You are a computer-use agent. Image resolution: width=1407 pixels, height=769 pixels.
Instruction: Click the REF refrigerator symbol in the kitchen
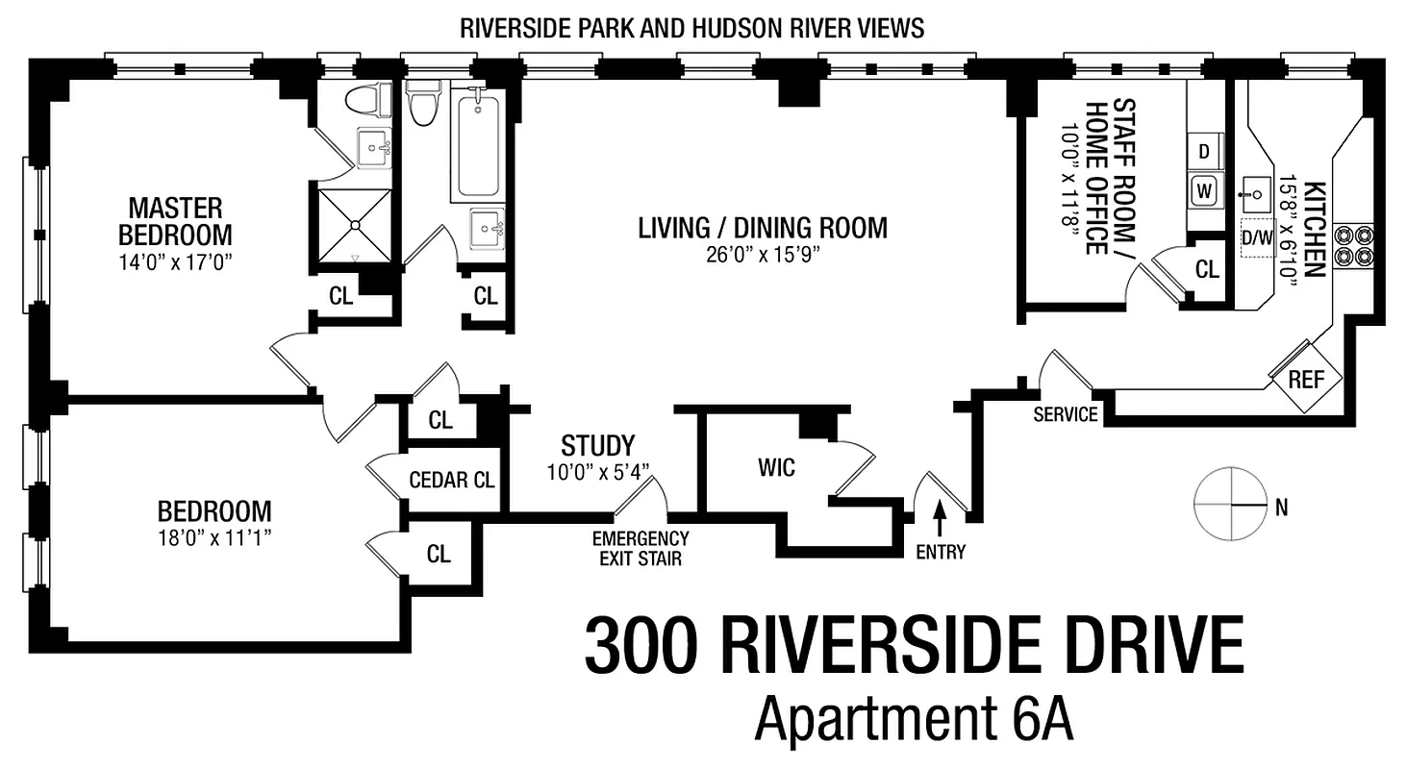pos(1305,378)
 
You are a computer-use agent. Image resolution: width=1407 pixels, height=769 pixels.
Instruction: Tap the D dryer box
pos(1204,151)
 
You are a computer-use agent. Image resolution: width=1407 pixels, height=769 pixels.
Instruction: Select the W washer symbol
pos(1204,190)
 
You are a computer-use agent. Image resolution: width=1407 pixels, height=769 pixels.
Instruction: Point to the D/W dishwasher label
pos(1255,236)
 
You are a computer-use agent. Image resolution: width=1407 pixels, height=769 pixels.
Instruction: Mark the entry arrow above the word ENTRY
pos(940,519)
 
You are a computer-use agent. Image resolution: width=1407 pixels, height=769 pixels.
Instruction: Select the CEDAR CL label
pos(452,480)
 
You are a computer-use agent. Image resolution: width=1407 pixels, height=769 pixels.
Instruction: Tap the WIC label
pos(775,468)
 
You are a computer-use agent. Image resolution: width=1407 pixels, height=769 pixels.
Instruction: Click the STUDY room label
pos(598,446)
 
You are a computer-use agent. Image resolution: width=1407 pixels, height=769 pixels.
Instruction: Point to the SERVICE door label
pos(1065,414)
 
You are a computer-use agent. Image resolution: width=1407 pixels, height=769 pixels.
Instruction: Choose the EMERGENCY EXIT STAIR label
pos(641,548)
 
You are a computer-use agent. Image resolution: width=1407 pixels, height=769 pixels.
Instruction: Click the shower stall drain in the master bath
pos(355,225)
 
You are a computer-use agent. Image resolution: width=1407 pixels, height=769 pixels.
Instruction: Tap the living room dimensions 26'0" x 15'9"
pos(762,255)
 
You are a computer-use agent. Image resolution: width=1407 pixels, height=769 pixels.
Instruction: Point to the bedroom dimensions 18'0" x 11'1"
pos(214,536)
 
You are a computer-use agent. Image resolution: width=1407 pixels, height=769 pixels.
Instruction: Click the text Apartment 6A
pos(913,718)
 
